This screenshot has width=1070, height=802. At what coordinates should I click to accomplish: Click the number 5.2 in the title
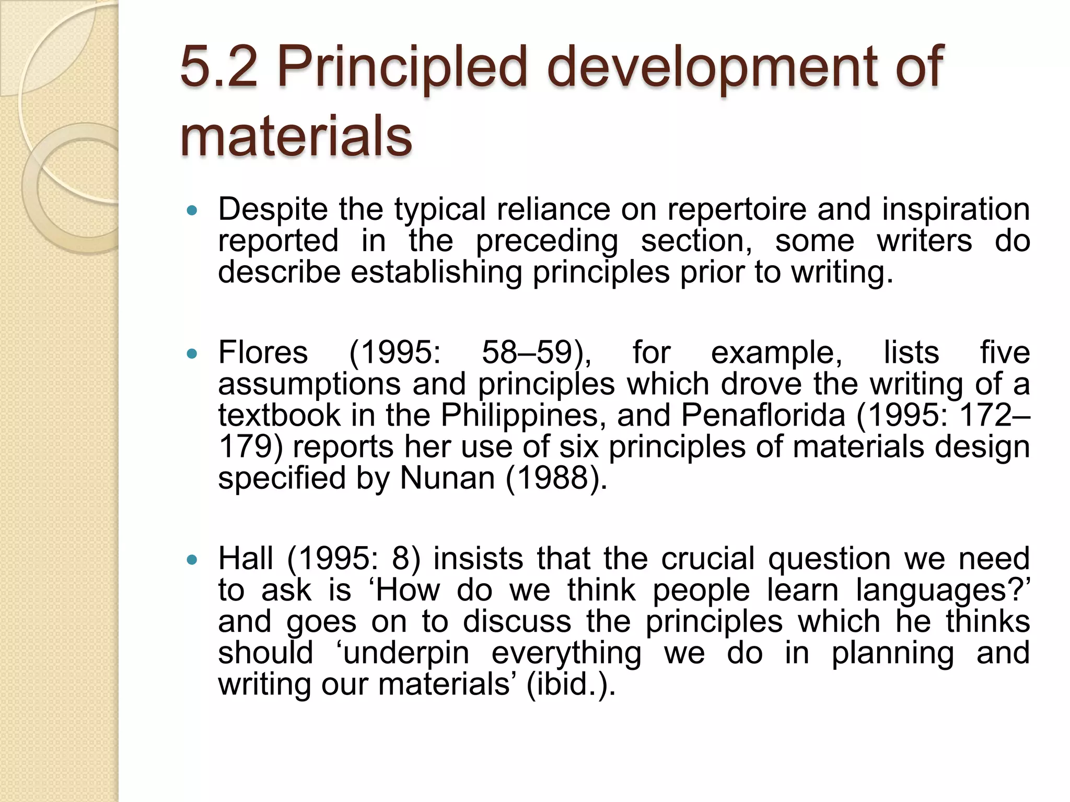219,66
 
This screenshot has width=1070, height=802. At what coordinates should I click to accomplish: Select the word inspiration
956,210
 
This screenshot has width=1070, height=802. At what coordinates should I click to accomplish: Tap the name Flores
263,352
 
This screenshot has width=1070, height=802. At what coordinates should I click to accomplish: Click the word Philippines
522,416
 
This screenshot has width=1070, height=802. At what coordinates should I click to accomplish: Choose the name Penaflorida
762,416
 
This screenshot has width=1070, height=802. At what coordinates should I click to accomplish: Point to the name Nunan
447,478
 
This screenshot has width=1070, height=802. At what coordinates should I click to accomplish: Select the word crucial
708,559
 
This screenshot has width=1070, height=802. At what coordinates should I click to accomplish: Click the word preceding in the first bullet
546,242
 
